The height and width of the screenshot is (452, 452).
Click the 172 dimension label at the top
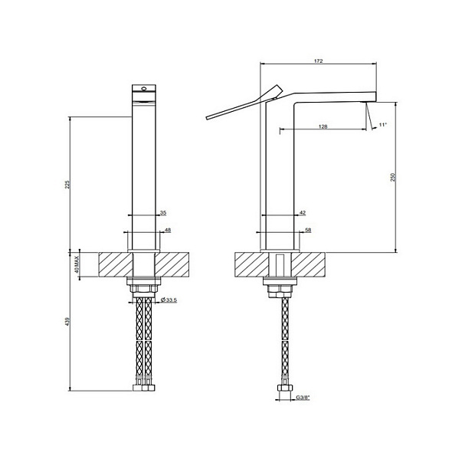pos(318,61)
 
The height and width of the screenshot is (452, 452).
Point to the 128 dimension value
pos(323,126)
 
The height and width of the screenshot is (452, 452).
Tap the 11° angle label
pos(382,125)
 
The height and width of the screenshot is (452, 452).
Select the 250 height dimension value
pos(392,177)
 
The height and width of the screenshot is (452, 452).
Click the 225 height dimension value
pos(67,184)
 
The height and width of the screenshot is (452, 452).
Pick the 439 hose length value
pos(67,322)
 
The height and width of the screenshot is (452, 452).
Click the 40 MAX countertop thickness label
pos(77,264)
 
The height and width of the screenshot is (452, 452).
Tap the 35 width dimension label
pos(163,213)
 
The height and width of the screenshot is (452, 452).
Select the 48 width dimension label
pos(168,230)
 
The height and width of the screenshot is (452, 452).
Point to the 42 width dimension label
pos(303,213)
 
